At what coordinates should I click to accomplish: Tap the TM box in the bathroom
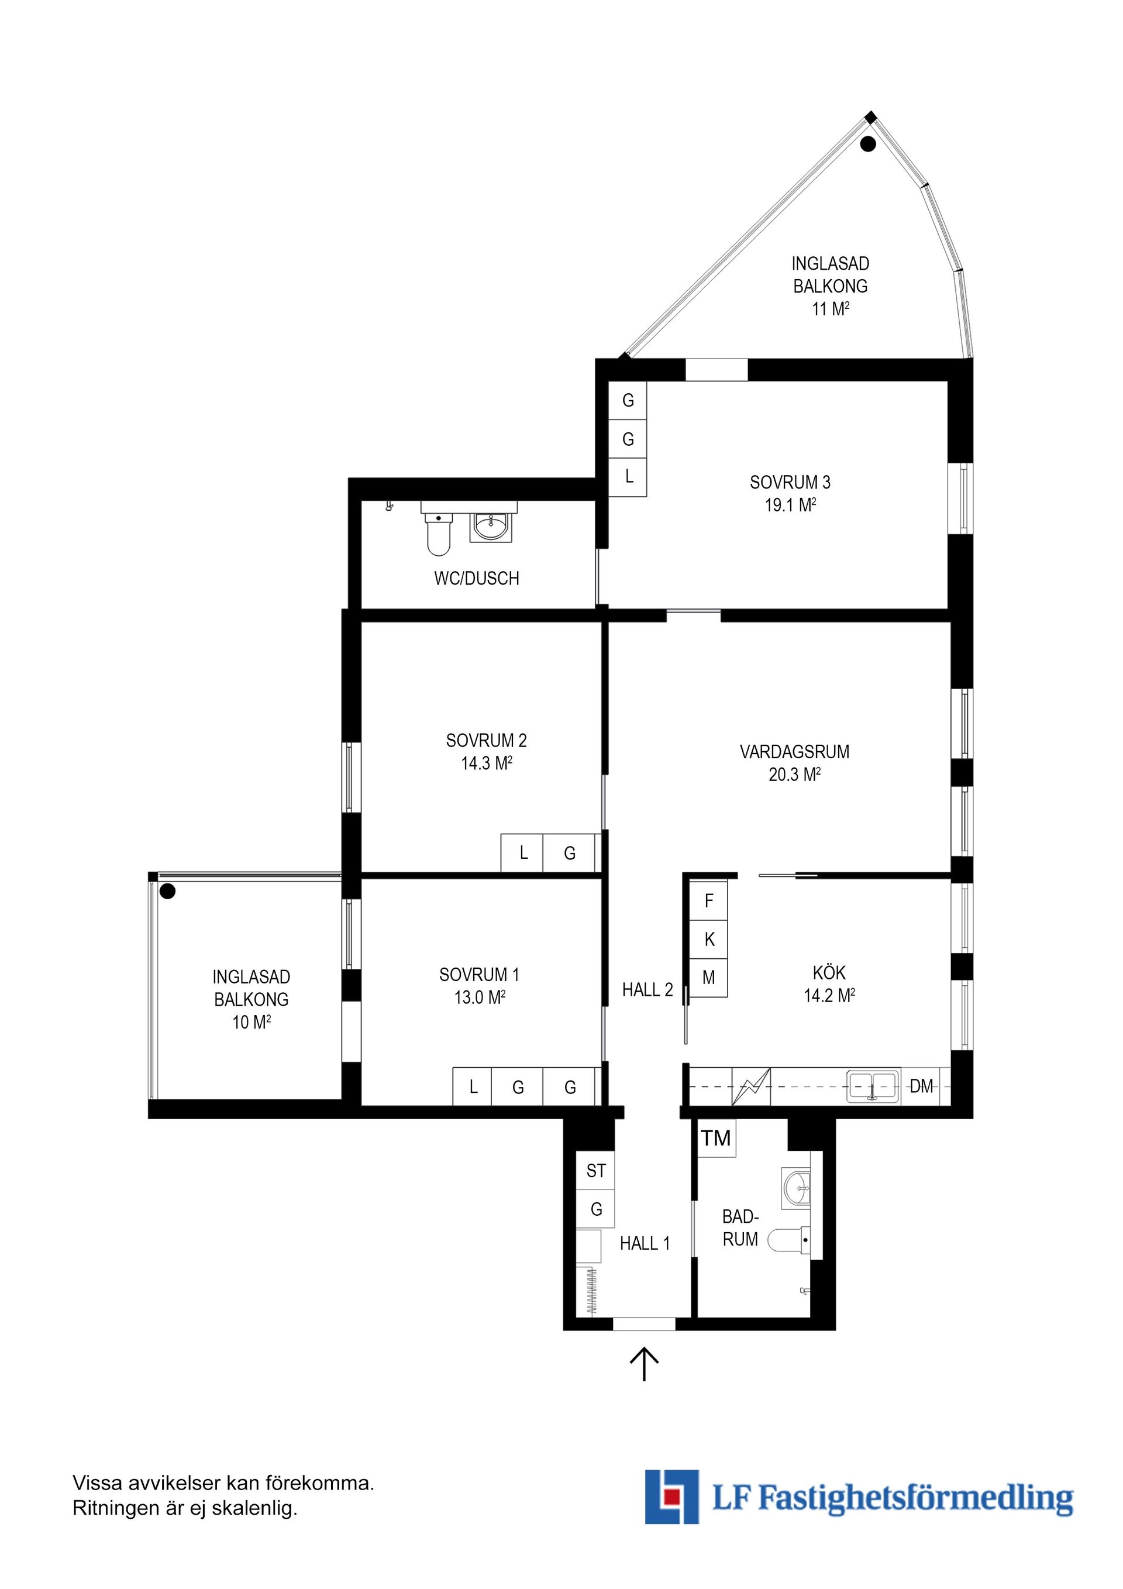(716, 1138)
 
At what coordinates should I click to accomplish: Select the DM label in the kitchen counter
(921, 1086)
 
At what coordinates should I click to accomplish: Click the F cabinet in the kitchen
(708, 900)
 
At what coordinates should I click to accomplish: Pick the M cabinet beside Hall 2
(708, 978)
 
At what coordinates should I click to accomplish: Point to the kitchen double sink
(873, 1086)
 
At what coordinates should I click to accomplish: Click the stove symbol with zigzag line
(751, 1086)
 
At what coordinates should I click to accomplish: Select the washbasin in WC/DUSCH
(491, 527)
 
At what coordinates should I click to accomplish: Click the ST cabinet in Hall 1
(596, 1171)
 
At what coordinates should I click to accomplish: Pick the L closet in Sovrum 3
(628, 477)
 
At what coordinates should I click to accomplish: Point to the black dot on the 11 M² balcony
(867, 145)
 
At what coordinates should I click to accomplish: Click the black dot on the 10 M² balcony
(167, 892)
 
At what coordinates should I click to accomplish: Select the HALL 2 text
(647, 990)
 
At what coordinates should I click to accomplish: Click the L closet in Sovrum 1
(473, 1087)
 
